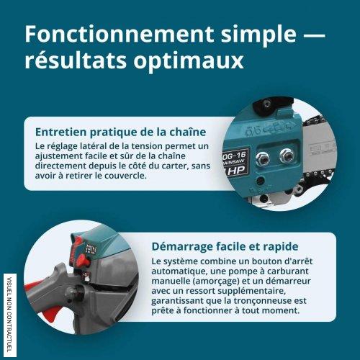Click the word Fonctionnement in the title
pyautogui.click(x=120, y=34)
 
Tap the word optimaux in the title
pyautogui.click(x=189, y=60)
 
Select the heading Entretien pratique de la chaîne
pyautogui.click(x=120, y=132)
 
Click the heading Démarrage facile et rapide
pyautogui.click(x=225, y=246)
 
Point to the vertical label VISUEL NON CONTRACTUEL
pyautogui.click(x=10, y=315)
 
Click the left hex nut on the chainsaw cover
pyautogui.click(x=262, y=158)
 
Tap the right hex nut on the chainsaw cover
pyautogui.click(x=287, y=155)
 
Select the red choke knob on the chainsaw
pyautogui.click(x=84, y=261)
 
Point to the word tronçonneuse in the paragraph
pyautogui.click(x=264, y=301)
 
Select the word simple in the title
pyautogui.click(x=258, y=35)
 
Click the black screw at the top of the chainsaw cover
pyautogui.click(x=266, y=104)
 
